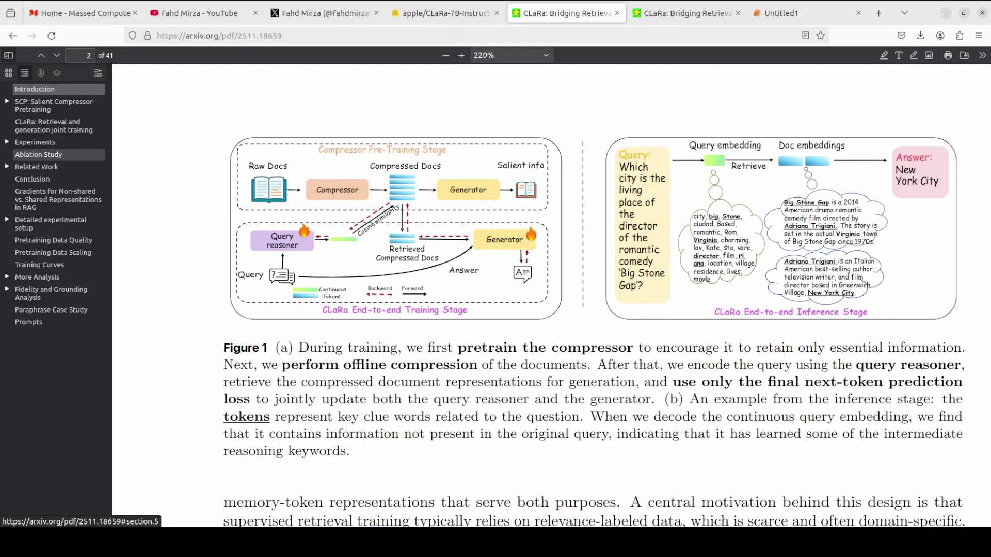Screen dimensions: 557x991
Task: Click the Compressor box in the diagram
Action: click(337, 190)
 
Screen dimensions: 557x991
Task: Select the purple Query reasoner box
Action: click(282, 240)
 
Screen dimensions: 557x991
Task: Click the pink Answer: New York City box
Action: click(920, 172)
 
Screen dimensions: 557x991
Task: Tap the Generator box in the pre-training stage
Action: click(468, 190)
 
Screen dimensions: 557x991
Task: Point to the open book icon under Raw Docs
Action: click(269, 189)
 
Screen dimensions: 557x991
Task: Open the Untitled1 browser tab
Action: click(781, 13)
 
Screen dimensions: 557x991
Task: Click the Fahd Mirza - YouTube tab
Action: click(199, 13)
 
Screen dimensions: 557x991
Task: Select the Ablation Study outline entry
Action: click(39, 154)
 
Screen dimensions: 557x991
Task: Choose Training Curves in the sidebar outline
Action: click(39, 265)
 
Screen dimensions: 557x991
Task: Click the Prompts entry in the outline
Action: click(28, 322)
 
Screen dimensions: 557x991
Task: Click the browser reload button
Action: click(52, 36)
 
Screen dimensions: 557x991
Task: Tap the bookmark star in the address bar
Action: click(821, 36)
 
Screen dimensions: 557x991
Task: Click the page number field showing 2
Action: click(81, 55)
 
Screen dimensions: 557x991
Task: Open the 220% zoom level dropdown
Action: click(511, 55)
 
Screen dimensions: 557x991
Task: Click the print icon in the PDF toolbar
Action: click(948, 55)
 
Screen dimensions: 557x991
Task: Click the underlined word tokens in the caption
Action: click(246, 416)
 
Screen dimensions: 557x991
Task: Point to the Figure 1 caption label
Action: click(245, 348)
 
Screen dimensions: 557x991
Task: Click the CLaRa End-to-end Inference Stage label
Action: click(790, 312)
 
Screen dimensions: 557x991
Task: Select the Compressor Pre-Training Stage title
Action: click(382, 150)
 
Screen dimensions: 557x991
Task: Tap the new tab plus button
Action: click(879, 13)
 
